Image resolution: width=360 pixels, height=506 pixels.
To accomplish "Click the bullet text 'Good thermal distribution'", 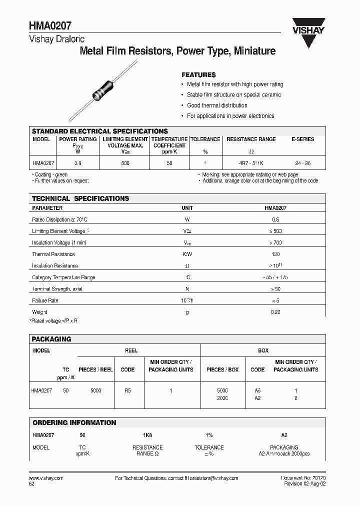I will click(217, 105).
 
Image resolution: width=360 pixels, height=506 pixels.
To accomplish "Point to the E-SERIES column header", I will click(303, 139).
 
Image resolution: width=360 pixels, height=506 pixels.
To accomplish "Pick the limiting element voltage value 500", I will click(125, 163).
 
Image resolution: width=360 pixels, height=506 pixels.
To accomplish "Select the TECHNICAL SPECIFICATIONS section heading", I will click(80, 198).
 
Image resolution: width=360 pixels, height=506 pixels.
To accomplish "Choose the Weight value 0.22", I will click(275, 312).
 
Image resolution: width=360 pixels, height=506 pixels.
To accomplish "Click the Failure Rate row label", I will click(45, 300).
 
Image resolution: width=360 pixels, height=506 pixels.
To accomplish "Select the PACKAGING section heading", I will click(51, 339).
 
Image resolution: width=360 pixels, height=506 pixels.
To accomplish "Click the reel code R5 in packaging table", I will click(127, 390).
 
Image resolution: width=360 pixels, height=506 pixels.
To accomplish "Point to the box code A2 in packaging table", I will click(257, 398).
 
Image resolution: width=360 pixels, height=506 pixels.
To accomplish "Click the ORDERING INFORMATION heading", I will click(74, 422).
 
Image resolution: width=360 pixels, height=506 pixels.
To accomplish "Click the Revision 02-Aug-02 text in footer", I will click(305, 484).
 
